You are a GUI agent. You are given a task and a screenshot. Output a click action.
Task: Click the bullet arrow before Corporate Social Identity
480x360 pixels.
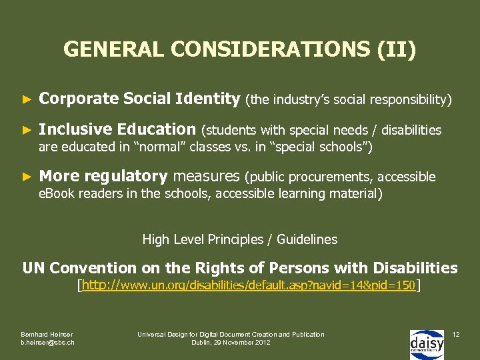[x=27, y=100]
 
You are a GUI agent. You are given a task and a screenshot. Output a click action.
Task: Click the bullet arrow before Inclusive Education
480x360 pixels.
[x=27, y=130]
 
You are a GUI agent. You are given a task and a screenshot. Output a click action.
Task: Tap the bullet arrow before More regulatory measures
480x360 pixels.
[x=27, y=177]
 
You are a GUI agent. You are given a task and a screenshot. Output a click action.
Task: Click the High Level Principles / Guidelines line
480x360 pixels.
[x=240, y=239]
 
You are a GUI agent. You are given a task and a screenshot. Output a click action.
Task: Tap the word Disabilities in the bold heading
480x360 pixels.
[x=415, y=268]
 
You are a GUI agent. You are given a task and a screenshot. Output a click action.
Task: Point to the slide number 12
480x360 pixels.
[x=456, y=333]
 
